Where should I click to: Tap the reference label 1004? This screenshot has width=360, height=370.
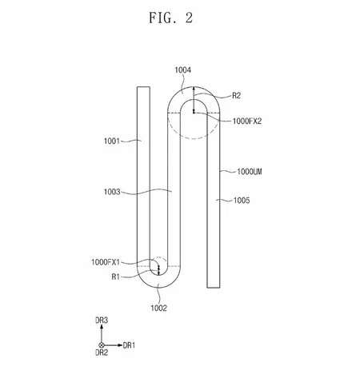(x=183, y=71)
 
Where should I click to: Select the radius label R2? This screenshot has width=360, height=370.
(x=236, y=96)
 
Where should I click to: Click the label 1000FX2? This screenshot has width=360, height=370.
(x=252, y=121)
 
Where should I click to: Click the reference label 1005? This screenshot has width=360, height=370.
(x=241, y=201)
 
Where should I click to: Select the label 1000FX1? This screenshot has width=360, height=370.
(x=106, y=262)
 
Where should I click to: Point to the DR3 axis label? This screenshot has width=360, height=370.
(x=102, y=320)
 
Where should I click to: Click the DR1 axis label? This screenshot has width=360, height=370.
(x=129, y=345)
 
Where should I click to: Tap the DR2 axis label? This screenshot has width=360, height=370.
(x=102, y=352)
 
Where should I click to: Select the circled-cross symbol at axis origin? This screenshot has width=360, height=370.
(x=102, y=344)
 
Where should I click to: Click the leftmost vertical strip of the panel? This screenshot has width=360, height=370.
(x=142, y=176)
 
